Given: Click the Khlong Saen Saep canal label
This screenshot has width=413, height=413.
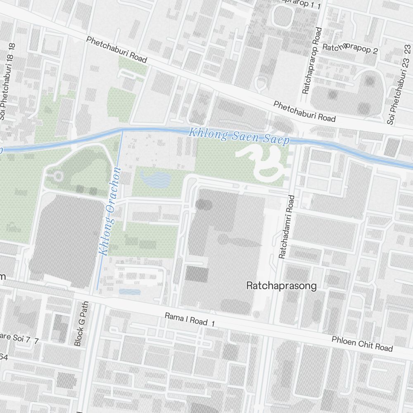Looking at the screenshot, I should pyautogui.click(x=239, y=136).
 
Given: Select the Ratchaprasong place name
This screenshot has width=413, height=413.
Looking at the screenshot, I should pyautogui.click(x=281, y=285).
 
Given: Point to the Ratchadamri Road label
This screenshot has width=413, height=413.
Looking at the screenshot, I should pyautogui.click(x=287, y=227).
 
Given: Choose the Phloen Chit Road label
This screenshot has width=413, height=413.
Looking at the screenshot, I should pyautogui.click(x=362, y=343).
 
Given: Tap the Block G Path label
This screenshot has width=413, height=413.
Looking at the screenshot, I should pyautogui.click(x=81, y=323).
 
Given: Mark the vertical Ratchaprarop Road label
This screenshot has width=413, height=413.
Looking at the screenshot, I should pyautogui.click(x=312, y=61).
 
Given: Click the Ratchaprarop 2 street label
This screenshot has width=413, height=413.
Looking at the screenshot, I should pyautogui.click(x=350, y=49).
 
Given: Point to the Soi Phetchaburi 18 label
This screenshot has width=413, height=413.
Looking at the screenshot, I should pyautogui.click(x=7, y=82).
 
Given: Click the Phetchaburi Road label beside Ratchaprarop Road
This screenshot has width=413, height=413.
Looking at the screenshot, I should pyautogui.click(x=304, y=112).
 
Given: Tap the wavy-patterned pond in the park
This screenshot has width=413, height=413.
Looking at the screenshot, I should pyautogui.click(x=155, y=179).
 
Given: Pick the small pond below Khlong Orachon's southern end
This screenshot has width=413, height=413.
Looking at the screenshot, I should pyautogui.click(x=130, y=292).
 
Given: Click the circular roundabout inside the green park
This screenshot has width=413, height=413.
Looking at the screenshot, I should pyautogui.click(x=58, y=177).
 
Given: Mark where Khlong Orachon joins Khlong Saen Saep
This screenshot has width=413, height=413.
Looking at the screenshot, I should pyautogui.click(x=122, y=130).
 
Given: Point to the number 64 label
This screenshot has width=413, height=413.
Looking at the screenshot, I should pyautogui.click(x=4, y=356).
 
